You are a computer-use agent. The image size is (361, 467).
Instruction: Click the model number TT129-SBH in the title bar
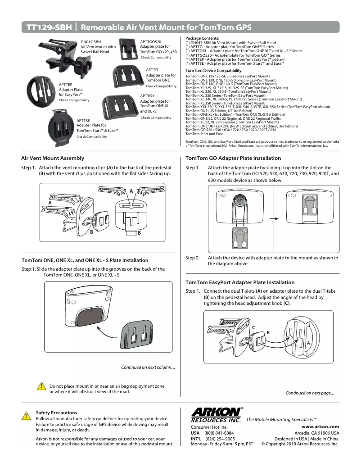[49, 27]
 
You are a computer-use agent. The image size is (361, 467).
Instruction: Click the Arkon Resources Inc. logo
[216, 414]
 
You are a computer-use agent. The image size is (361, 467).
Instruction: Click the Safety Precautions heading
[56, 413]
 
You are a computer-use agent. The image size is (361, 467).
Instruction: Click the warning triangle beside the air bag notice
[41, 386]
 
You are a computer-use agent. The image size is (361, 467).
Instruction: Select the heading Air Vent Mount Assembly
[53, 158]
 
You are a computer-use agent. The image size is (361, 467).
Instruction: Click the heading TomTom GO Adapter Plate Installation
[233, 158]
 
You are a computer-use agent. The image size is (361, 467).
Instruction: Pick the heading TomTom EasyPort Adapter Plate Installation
[240, 282]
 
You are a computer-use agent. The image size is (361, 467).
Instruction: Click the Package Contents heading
[202, 38]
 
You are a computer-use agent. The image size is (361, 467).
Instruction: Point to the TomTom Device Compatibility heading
[214, 71]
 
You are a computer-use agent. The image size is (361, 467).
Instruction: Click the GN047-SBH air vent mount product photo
[61, 54]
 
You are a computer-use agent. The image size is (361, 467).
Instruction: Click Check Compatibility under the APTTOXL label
[156, 118]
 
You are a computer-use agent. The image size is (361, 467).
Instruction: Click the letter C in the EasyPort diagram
[253, 327]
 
